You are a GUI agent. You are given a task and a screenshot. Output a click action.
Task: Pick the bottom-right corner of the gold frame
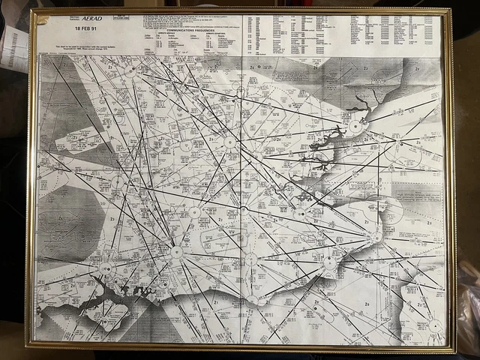click(x=454, y=350)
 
